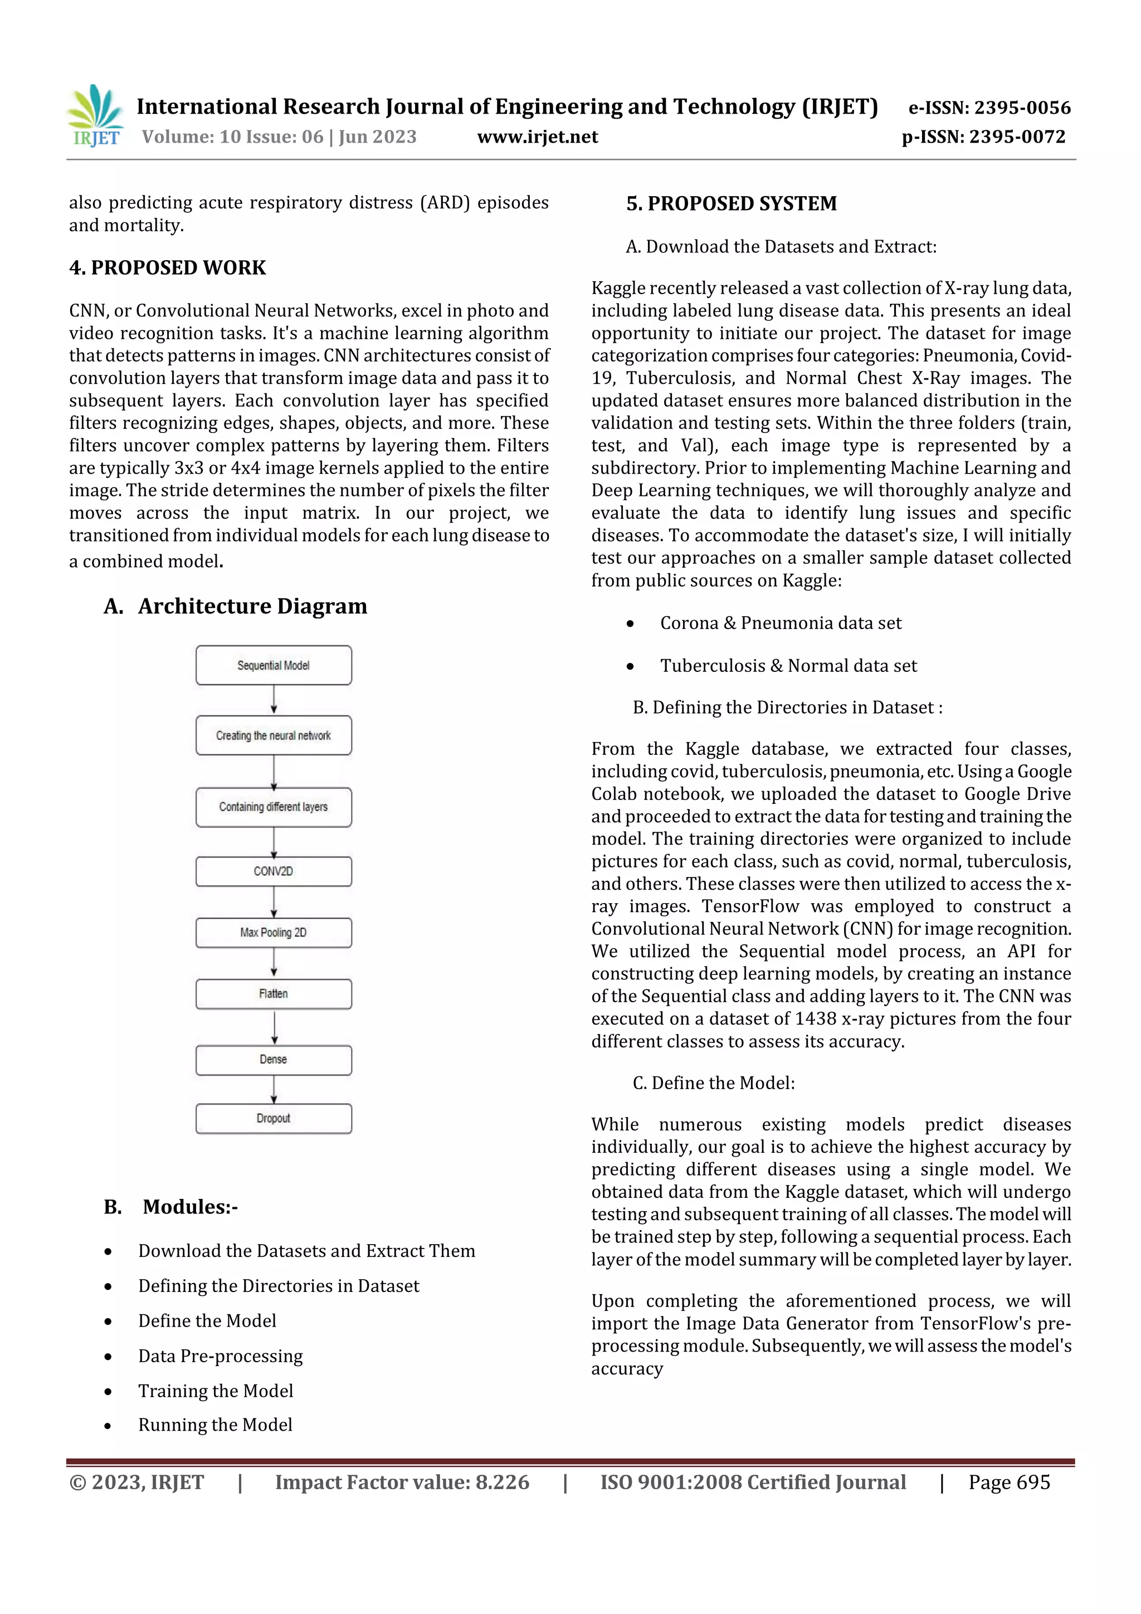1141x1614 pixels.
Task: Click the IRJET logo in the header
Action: (96, 116)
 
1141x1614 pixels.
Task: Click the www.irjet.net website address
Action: (537, 137)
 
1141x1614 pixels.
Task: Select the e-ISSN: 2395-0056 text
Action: (989, 108)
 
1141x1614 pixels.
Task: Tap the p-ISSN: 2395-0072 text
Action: (983, 137)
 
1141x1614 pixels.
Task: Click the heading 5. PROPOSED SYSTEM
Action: (731, 204)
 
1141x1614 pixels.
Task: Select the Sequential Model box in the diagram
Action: (274, 665)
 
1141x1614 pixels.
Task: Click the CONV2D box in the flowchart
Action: (274, 871)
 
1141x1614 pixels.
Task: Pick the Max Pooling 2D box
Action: (274, 932)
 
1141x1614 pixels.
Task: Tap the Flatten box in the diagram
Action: (274, 993)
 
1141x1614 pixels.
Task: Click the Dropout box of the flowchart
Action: (274, 1118)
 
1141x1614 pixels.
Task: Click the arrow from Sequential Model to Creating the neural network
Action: (274, 700)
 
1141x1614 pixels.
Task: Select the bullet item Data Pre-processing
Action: (220, 1355)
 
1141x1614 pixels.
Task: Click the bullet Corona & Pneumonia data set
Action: (781, 623)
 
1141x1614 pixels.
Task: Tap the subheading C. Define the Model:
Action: (714, 1082)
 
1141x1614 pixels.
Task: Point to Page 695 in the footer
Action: (1009, 1482)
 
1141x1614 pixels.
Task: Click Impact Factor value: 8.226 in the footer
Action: (402, 1482)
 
